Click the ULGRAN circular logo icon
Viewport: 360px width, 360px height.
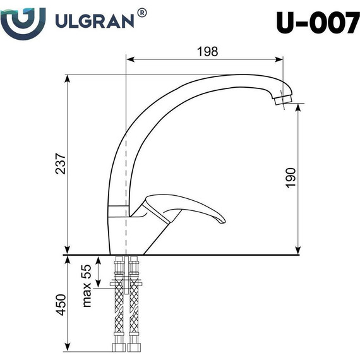(23, 21)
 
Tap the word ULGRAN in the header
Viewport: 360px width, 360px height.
(95, 21)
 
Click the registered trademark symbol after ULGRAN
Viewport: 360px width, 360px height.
(143, 13)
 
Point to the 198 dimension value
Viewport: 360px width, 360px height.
(206, 52)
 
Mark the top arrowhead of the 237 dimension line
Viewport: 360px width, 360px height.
(67, 77)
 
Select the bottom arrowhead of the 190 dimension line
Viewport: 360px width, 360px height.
(298, 251)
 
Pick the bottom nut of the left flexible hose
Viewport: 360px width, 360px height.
(119, 347)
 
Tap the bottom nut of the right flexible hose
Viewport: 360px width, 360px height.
(133, 347)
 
